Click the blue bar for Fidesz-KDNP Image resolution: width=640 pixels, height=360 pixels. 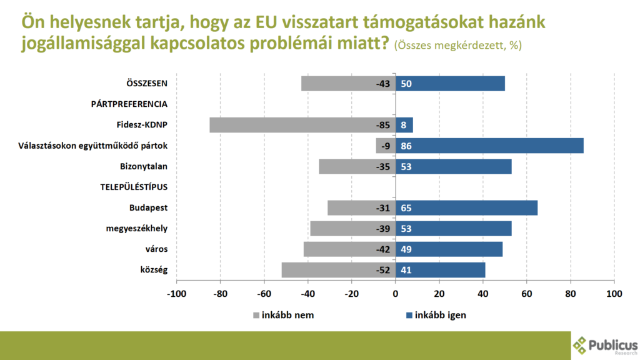click(x=404, y=125)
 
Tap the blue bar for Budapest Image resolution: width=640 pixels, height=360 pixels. click(x=466, y=207)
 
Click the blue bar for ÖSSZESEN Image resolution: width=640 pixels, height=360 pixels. click(x=450, y=84)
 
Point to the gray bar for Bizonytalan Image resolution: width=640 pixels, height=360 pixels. click(x=357, y=166)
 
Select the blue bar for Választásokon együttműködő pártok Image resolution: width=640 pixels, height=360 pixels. click(x=489, y=146)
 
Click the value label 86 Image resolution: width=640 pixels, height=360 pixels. click(x=407, y=146)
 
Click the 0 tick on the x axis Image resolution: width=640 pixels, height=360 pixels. click(x=396, y=293)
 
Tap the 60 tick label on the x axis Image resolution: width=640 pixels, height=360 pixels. click(x=527, y=293)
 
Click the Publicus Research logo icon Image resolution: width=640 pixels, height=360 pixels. click(x=580, y=344)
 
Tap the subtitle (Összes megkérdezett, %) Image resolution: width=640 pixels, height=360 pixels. click(x=458, y=46)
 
